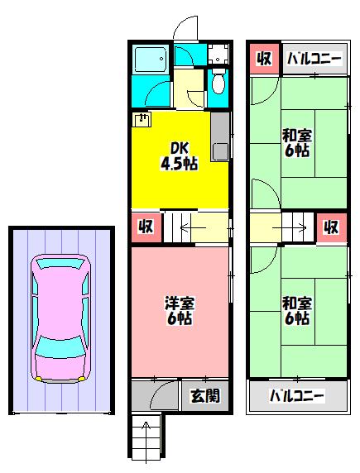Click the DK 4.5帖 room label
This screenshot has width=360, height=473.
180,156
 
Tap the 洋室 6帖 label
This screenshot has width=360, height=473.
180,311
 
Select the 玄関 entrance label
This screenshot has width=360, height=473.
205,395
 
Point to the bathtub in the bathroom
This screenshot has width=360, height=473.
151,60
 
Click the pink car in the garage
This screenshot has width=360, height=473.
60,319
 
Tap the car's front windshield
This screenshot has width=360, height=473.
60,347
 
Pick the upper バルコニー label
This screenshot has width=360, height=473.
314,59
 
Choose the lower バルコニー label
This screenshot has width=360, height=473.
296,396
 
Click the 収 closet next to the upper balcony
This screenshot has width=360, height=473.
264,58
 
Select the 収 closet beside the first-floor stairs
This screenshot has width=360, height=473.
146,227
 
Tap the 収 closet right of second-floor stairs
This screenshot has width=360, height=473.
331,227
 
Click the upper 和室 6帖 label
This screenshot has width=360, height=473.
297,143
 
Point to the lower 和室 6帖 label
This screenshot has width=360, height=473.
297,311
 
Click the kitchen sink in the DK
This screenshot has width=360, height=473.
220,151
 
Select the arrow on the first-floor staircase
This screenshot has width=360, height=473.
193,227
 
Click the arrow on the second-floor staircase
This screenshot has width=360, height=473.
290,227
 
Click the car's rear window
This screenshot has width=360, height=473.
60,263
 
